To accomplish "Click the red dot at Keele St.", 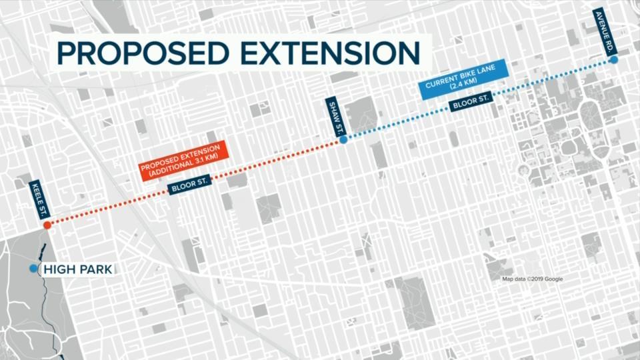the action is pyautogui.click(x=47, y=225).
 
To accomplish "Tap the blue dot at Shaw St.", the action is pyautogui.click(x=343, y=140).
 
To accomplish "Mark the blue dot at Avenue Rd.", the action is pyautogui.click(x=613, y=60).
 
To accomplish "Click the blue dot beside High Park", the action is pyautogui.click(x=33, y=268).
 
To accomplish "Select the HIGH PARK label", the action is pyautogui.click(x=78, y=269).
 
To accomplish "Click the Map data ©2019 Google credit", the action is pyautogui.click(x=532, y=279).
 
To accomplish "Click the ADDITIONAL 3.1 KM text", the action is pyautogui.click(x=184, y=167).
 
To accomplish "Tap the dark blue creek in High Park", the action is pyautogui.click(x=44, y=257).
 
